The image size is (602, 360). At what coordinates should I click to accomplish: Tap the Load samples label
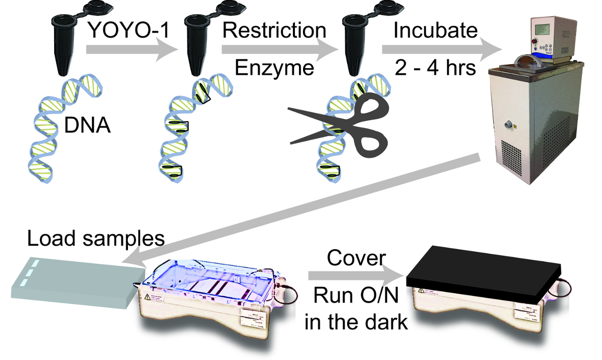click(96, 238)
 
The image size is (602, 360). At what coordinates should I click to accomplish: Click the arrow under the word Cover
click(357, 276)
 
